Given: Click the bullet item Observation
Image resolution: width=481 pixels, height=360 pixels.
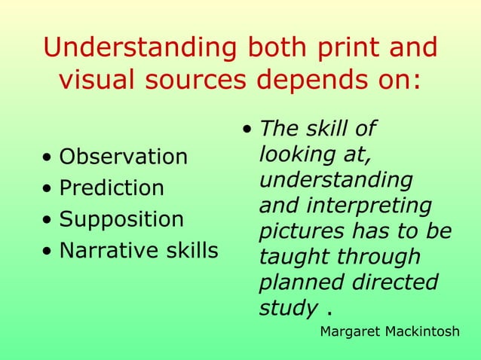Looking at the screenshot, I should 123,157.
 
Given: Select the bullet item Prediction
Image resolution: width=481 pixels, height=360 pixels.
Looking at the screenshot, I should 111,188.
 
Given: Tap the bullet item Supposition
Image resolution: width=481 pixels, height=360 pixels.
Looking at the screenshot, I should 121,220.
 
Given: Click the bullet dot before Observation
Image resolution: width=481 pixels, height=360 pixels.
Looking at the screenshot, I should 47,158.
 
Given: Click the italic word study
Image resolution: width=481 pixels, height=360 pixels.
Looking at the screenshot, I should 287,308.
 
